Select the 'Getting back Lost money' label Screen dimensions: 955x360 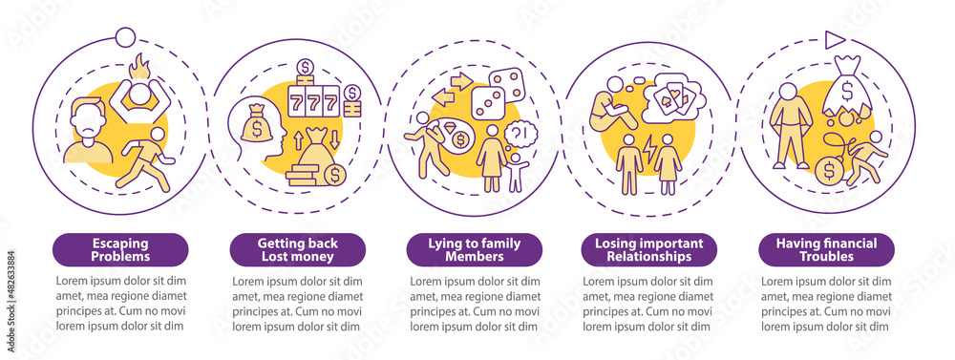pyautogui.click(x=297, y=249)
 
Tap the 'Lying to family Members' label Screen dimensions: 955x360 pyautogui.click(x=474, y=249)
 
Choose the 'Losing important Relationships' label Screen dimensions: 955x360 pyautogui.click(x=649, y=249)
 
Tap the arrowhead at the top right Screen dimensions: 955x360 pyautogui.click(x=834, y=39)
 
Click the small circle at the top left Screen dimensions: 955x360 pyautogui.click(x=123, y=37)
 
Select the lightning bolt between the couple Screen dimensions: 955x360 pyautogui.click(x=647, y=150)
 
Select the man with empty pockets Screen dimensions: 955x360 pyautogui.click(x=790, y=124)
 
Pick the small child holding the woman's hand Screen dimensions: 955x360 pyautogui.click(x=516, y=172)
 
